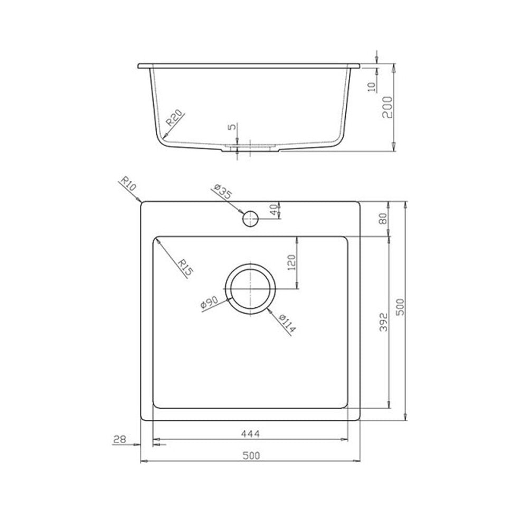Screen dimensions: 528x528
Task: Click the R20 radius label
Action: click(175, 118)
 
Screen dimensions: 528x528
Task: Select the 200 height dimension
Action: click(387, 107)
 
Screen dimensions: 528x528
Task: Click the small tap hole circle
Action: click(250, 219)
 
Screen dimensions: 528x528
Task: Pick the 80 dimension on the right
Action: click(383, 219)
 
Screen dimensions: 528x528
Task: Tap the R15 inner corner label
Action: click(185, 267)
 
